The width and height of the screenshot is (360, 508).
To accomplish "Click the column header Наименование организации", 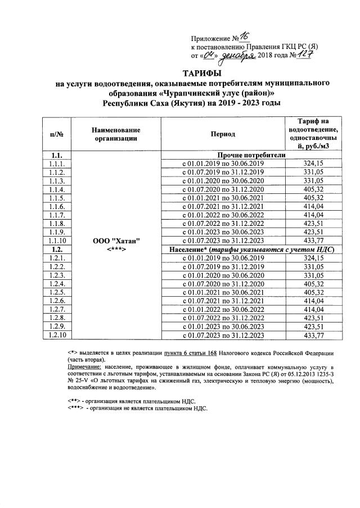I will click(116, 134).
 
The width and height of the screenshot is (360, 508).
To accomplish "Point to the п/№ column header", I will click(56, 134).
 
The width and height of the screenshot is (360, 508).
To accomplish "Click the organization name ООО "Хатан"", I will click(116, 241).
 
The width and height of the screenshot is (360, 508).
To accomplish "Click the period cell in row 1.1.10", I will click(224, 241).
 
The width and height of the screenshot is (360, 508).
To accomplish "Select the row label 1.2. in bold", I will click(56, 249).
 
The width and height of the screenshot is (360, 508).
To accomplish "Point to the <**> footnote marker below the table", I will click(74, 401).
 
